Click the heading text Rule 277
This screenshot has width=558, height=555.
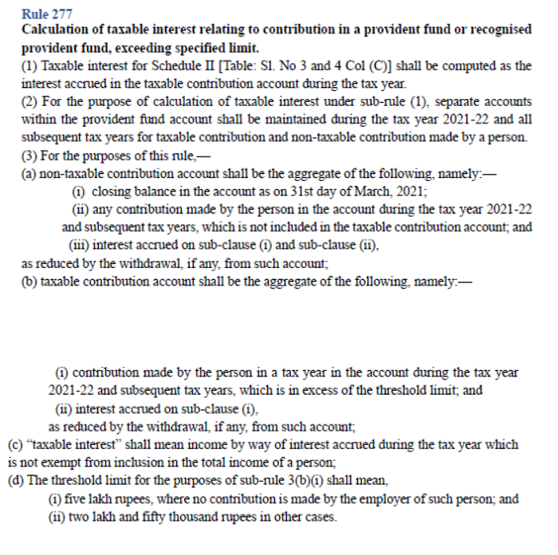coord(47,14)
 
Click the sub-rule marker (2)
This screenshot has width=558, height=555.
coord(29,102)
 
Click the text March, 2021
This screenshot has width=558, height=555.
coord(389,191)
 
